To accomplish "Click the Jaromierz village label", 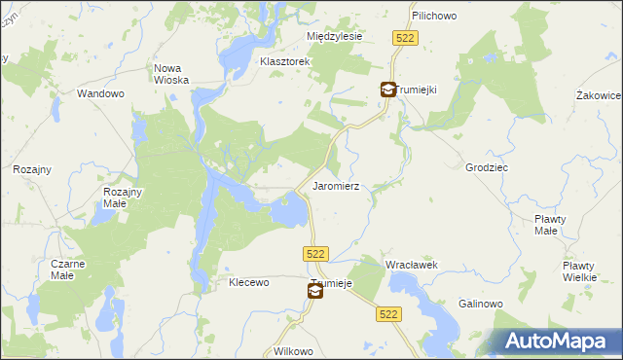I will pyautogui.click(x=336, y=185).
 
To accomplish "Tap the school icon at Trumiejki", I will pyautogui.click(x=387, y=90).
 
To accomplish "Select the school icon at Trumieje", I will pyautogui.click(x=315, y=290).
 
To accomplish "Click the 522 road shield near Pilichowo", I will pyautogui.click(x=406, y=37).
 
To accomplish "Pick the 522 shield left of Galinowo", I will pyautogui.click(x=389, y=314).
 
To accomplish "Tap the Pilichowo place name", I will pyautogui.click(x=434, y=17).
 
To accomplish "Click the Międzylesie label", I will pyautogui.click(x=334, y=36).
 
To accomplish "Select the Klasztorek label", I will pyautogui.click(x=284, y=61).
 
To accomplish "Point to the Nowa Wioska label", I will pyautogui.click(x=171, y=75).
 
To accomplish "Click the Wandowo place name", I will pyautogui.click(x=101, y=94).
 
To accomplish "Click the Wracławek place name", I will pyautogui.click(x=412, y=265).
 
